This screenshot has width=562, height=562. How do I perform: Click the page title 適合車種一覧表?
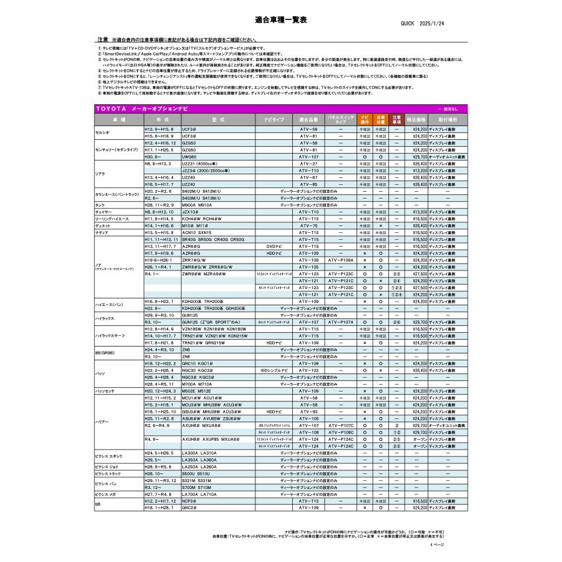(281, 21)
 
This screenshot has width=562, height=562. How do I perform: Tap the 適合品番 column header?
(308, 119)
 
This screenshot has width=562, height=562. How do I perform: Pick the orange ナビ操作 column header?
(365, 119)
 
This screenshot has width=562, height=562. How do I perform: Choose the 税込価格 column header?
(416, 119)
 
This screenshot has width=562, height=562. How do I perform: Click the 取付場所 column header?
(447, 119)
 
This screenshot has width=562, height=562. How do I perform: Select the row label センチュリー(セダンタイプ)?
(116, 150)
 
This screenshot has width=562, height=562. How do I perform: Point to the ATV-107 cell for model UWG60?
(308, 157)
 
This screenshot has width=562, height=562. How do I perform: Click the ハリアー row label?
(102, 422)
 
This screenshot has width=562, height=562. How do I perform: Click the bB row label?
(97, 504)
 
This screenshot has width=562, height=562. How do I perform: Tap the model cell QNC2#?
(189, 508)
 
